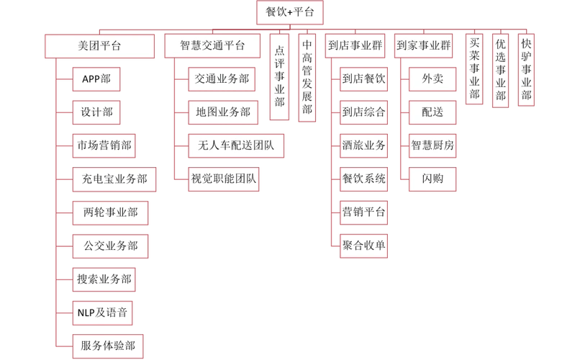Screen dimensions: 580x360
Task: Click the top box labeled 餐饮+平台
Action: pos(290,12)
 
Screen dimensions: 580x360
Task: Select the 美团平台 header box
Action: pos(99,45)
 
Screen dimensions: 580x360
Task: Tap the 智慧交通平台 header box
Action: pos(212,45)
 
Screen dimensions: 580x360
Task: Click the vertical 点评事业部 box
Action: pos(280,76)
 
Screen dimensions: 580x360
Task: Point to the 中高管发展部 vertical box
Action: pos(307,76)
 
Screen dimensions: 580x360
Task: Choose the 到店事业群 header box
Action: pos(354,45)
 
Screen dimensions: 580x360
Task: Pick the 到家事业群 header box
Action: pos(424,45)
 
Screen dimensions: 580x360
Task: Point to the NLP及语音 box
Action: pos(104,312)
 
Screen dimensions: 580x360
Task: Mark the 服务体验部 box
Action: pos(108,344)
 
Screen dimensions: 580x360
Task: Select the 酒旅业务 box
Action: pos(363,145)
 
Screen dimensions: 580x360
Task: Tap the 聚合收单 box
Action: pos(363,245)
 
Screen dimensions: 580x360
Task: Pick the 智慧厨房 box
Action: pos(432,145)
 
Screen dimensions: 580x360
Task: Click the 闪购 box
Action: pos(432,179)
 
